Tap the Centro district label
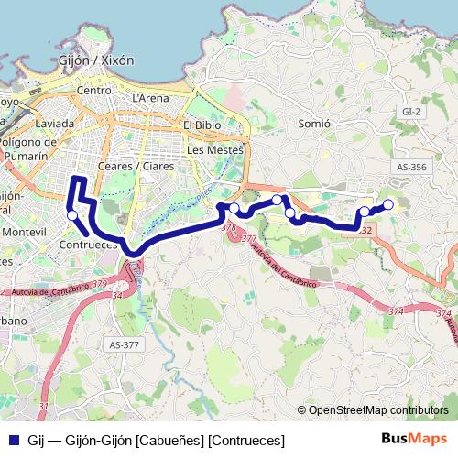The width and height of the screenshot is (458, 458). pyautogui.click(x=94, y=91)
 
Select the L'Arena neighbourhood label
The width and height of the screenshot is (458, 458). pyautogui.click(x=150, y=97)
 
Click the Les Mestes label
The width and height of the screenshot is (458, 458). pyautogui.click(x=215, y=148)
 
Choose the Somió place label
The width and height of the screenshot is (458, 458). pyautogui.click(x=313, y=123)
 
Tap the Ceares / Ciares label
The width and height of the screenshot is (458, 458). pyautogui.click(x=136, y=166)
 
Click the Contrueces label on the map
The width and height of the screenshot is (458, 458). pyautogui.click(x=87, y=245)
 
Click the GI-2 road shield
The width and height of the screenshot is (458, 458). pyautogui.click(x=410, y=111)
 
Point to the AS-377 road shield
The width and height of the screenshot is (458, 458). pyautogui.click(x=124, y=344)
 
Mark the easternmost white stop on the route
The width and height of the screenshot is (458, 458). pyautogui.click(x=387, y=204)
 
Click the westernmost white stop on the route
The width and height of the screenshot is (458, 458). pyautogui.click(x=72, y=215)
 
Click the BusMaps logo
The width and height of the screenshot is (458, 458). pyautogui.click(x=414, y=439)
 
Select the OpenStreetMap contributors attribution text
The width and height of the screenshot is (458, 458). pyautogui.click(x=377, y=410)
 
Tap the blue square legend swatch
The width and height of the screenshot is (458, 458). pyautogui.click(x=13, y=440)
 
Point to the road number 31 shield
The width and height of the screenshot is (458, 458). pyautogui.click(x=43, y=406)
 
